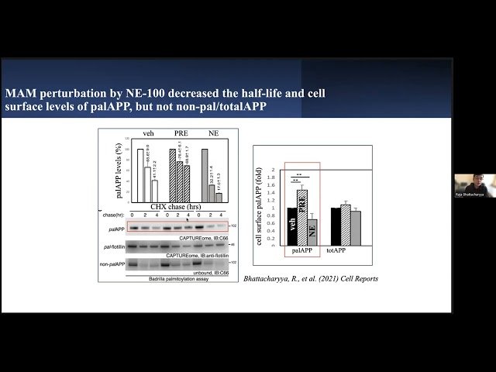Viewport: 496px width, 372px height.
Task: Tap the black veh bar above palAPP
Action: point(291,222)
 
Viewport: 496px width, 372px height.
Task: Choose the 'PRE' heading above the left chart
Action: point(180,133)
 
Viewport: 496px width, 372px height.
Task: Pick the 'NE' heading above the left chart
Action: point(212,133)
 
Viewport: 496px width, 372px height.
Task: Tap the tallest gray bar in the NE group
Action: point(205,174)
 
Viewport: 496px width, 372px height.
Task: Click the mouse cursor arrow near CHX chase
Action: point(188,219)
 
